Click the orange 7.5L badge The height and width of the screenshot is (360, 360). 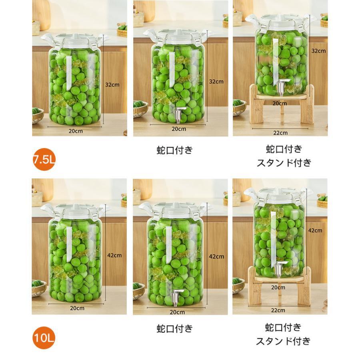44,160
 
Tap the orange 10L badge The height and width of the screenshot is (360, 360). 44,338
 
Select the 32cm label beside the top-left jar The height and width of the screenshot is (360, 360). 112,85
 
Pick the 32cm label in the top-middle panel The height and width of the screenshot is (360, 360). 216,81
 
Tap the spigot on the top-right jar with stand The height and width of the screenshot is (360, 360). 282,86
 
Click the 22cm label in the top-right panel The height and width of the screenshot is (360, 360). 280,133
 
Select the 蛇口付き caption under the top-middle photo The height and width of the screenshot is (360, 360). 174,150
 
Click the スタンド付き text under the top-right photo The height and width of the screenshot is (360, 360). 284,163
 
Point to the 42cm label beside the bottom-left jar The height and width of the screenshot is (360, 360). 114,255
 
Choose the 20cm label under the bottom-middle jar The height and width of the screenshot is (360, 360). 177,312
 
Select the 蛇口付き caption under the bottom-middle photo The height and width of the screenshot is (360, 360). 174,329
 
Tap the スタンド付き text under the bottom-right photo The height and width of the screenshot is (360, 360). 283,341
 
